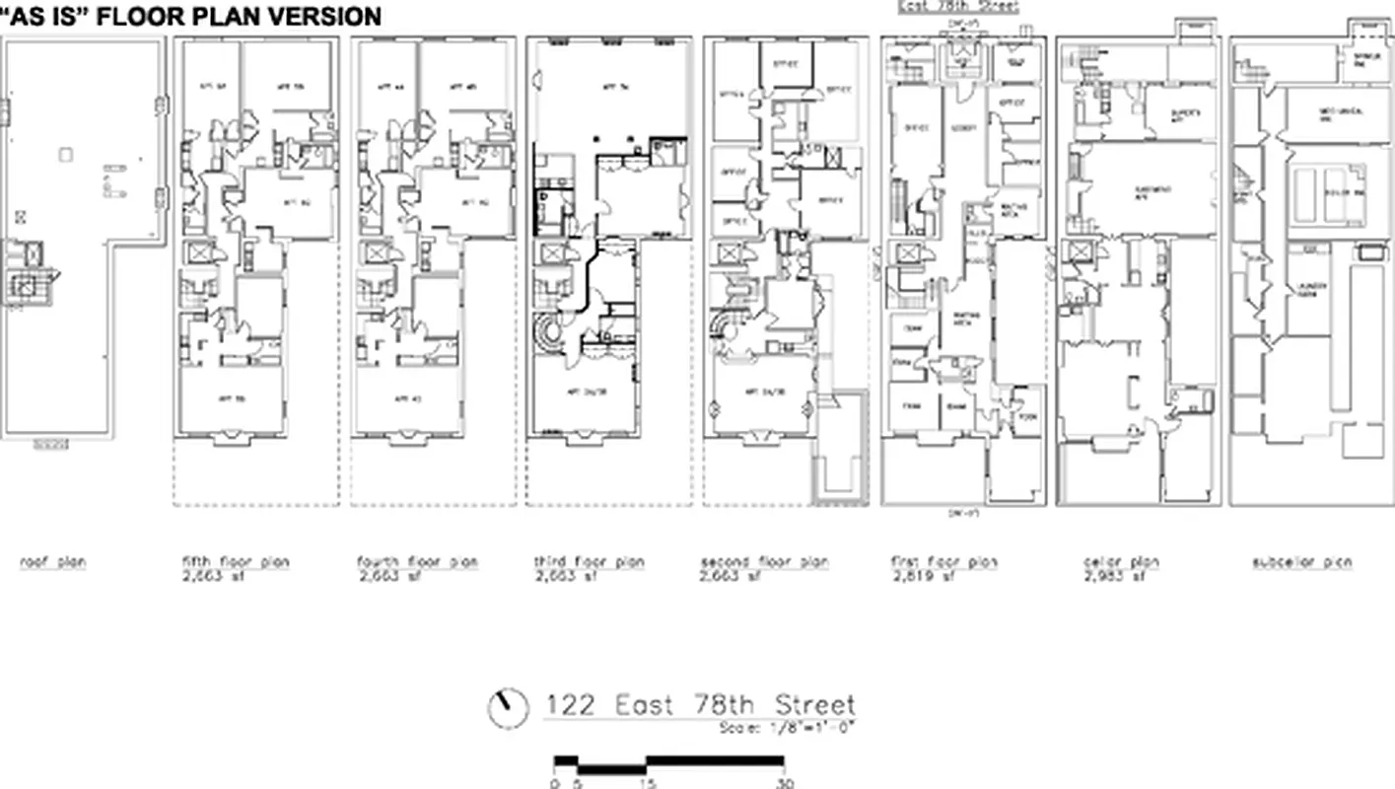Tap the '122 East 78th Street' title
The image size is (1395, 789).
click(700, 706)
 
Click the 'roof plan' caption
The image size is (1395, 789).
click(53, 562)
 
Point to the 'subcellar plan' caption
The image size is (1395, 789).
click(1301, 562)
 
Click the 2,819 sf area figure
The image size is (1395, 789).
click(921, 577)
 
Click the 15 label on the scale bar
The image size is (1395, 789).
click(646, 783)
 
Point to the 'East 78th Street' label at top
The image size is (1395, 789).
click(957, 6)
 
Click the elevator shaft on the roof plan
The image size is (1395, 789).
click(26, 287)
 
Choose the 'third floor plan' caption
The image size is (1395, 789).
click(589, 562)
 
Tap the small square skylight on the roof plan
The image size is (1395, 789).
click(65, 154)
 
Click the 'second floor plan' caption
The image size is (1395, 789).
click(765, 562)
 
